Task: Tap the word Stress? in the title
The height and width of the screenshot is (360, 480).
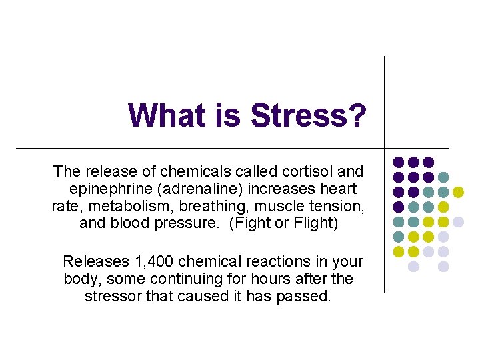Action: (308, 115)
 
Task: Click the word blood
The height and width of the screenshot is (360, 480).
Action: (129, 223)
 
